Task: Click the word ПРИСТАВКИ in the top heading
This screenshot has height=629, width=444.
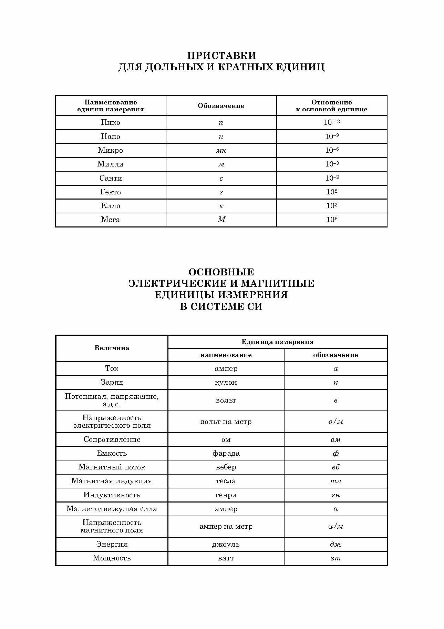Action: click(x=221, y=55)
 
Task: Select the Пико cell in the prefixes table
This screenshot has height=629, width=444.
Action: click(x=111, y=123)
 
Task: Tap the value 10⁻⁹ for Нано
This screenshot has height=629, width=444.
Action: click(x=332, y=136)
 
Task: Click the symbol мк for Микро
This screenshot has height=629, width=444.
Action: click(x=221, y=151)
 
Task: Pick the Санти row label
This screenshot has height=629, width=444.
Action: click(x=111, y=178)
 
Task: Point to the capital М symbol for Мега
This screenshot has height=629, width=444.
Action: click(x=221, y=220)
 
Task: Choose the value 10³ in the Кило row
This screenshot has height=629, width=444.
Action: click(x=332, y=206)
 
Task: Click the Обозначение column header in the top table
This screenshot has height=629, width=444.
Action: click(x=221, y=106)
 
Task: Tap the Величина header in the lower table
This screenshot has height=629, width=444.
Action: click(x=112, y=348)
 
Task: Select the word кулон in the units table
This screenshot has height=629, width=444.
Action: click(x=226, y=383)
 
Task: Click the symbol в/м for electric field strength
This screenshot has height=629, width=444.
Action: click(x=335, y=422)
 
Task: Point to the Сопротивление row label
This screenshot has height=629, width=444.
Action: click(x=112, y=439)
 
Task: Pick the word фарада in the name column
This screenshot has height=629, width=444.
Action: click(x=226, y=453)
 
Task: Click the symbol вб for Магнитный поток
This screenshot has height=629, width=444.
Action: click(x=335, y=467)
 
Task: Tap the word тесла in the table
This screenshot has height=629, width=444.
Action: click(x=226, y=481)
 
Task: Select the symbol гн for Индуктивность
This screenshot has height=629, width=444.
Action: click(x=335, y=495)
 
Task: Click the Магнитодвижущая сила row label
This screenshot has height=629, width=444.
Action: click(x=112, y=509)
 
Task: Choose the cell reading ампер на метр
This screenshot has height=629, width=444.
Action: click(x=226, y=527)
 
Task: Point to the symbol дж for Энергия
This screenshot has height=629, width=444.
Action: click(x=335, y=545)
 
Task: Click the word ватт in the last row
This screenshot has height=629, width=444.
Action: click(x=226, y=558)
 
